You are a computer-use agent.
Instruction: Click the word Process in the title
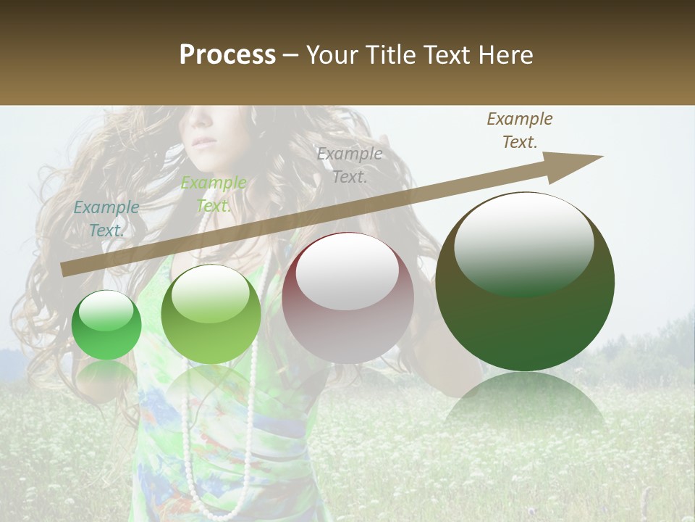227,55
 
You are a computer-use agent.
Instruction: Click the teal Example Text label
106,218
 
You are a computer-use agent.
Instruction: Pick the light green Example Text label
214,194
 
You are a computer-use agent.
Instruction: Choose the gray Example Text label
350,165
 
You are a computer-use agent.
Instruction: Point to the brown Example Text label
520,130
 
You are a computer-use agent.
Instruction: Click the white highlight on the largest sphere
523,243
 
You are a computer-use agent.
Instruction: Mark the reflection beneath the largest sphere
525,402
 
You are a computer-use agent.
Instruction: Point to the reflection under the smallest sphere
106,373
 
